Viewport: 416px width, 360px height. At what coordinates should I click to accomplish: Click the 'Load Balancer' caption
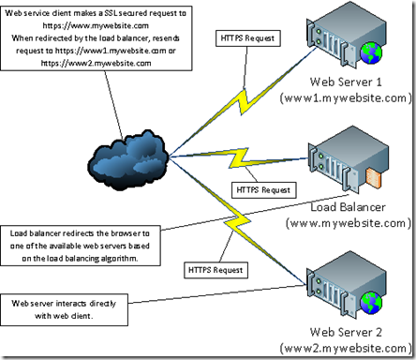(x=349, y=208)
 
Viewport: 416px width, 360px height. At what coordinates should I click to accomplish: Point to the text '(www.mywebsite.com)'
(x=349, y=224)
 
